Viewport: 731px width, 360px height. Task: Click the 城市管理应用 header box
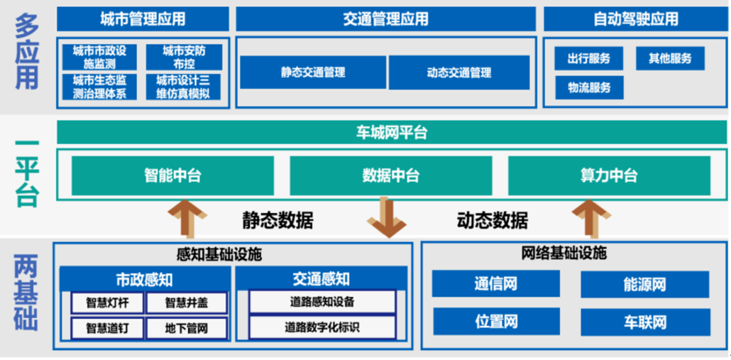tap(143, 18)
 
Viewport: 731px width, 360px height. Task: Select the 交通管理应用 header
tap(385, 18)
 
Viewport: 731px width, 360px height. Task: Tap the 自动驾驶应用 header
tap(636, 18)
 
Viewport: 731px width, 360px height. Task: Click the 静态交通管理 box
tap(313, 72)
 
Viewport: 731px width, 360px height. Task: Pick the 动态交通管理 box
tap(458, 72)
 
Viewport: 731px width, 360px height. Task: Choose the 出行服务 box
tap(589, 59)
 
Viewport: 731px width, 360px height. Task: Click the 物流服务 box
tap(589, 88)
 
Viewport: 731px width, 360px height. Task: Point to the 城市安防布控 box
tap(184, 58)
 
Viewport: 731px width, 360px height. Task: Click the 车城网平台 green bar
tap(392, 133)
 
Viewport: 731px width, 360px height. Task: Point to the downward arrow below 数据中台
tap(387, 217)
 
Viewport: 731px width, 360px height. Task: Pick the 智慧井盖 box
tap(187, 302)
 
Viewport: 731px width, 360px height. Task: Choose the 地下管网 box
tap(187, 328)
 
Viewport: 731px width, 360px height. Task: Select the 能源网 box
tap(644, 285)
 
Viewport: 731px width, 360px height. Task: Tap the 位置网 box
tap(496, 321)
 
